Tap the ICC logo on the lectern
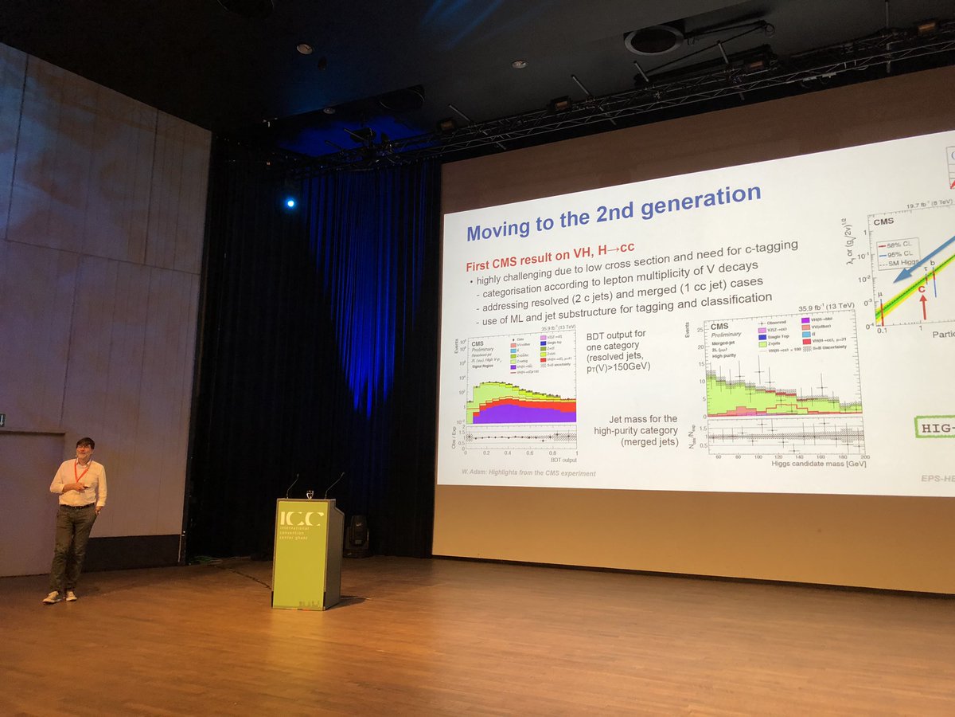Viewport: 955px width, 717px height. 302,519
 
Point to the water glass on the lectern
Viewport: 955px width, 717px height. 310,494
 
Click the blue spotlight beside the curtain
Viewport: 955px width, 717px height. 290,203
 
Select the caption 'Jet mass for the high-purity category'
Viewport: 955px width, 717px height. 634,430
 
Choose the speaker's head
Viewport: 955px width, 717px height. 85,448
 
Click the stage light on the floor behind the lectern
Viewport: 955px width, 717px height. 357,536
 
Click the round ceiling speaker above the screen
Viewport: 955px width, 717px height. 653,40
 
